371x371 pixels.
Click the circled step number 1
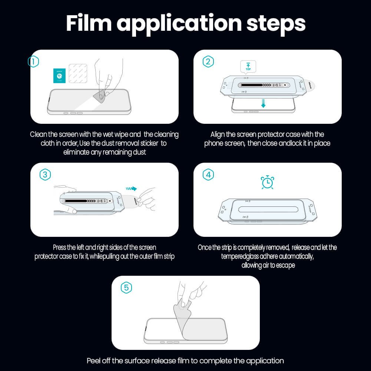click(34, 62)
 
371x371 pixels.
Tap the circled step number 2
click(208, 62)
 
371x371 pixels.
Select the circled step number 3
click(45, 175)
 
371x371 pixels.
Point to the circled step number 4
click(208, 175)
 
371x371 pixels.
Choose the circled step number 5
click(126, 288)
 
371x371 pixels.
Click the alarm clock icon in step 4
click(267, 182)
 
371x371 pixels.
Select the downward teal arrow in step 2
click(263, 103)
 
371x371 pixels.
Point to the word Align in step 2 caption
click(218, 134)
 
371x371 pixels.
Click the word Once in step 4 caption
click(205, 247)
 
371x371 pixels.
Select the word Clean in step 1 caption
click(39, 134)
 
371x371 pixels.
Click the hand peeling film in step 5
click(189, 293)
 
